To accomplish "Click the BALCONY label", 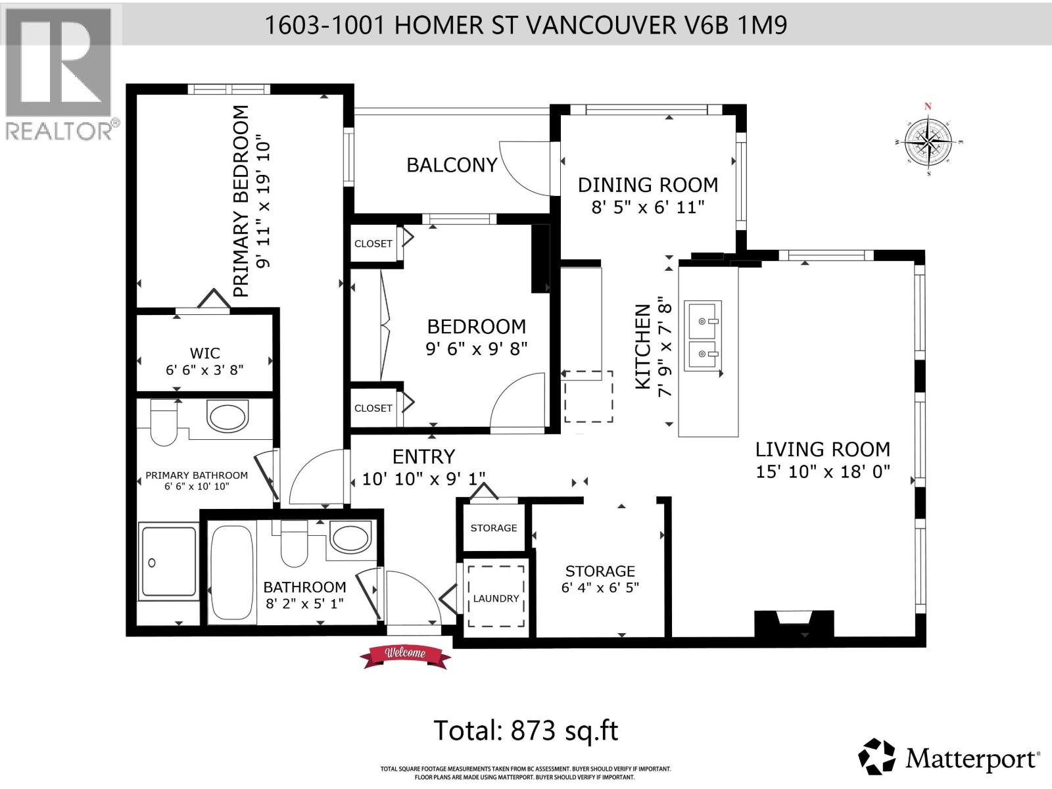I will point(452,165).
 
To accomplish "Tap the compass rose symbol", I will point(928,141).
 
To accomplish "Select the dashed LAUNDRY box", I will point(496,597).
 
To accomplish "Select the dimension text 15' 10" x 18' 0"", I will point(823,471).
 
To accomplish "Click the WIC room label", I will point(204,353).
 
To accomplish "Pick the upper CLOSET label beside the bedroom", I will point(373,243).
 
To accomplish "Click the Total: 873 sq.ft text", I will point(525,730).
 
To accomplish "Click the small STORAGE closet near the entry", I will point(494,528).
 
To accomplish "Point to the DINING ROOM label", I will point(648,185).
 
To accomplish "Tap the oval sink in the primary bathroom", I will point(227,416).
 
